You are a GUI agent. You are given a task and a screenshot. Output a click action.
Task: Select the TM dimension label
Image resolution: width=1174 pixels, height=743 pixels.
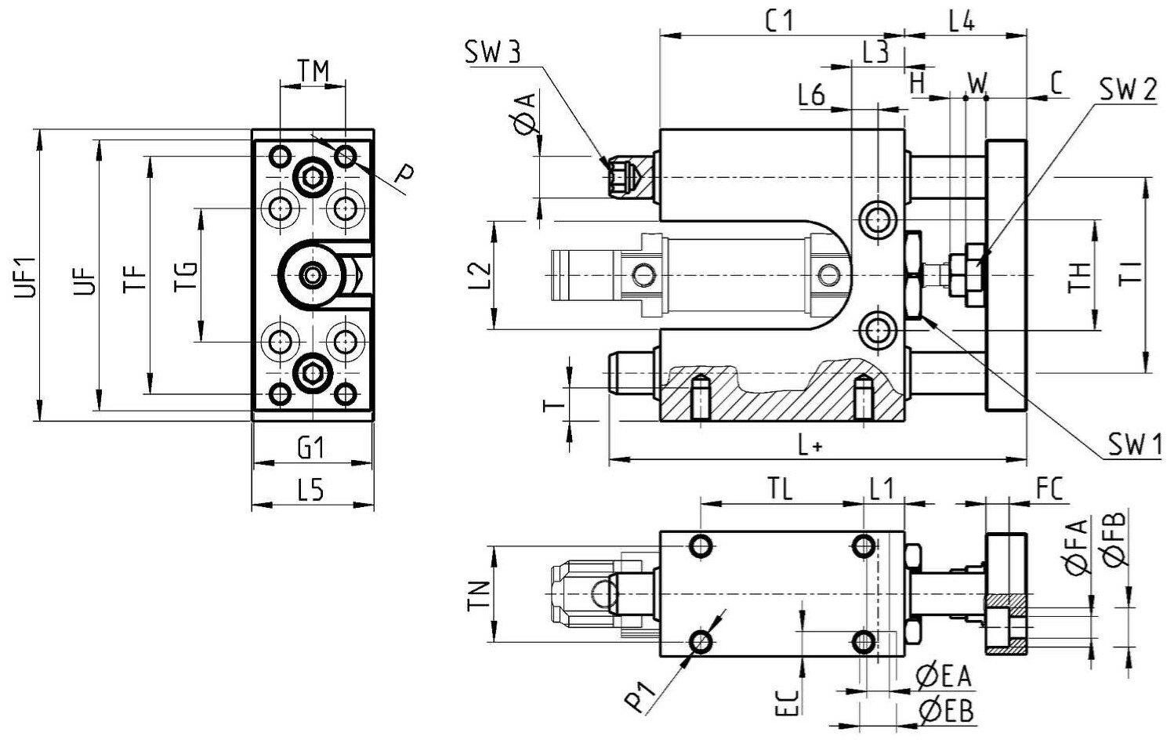(x=313, y=71)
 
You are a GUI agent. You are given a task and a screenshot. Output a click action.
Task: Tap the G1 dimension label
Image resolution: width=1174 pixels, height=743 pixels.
(x=311, y=448)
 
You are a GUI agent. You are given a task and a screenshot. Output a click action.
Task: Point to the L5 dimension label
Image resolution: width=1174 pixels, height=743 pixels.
(x=311, y=491)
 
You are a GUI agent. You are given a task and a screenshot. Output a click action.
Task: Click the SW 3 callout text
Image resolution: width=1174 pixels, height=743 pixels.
(x=493, y=53)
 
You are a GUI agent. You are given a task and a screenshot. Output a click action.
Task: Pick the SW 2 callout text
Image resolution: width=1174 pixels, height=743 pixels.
(x=1128, y=90)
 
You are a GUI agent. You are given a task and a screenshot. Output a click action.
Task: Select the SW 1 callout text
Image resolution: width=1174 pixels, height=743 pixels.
(x=1135, y=445)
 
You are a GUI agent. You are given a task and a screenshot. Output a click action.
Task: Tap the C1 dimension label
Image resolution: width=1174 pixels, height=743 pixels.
(x=780, y=21)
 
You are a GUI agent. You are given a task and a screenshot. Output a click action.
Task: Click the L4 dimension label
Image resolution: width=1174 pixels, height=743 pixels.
(x=962, y=21)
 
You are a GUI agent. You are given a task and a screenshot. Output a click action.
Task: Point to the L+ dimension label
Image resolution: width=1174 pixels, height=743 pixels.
(x=810, y=446)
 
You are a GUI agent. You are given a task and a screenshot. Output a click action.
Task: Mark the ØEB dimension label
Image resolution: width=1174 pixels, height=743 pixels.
(x=945, y=712)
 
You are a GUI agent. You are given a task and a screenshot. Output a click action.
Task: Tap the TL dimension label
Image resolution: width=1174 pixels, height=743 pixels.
(x=781, y=490)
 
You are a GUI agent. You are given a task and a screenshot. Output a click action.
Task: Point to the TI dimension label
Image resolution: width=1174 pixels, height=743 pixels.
(x=1131, y=273)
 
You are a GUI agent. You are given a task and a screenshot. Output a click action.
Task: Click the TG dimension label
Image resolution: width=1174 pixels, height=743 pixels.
(x=187, y=276)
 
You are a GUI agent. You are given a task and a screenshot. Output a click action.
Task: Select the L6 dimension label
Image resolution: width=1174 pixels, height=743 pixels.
(x=812, y=96)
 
